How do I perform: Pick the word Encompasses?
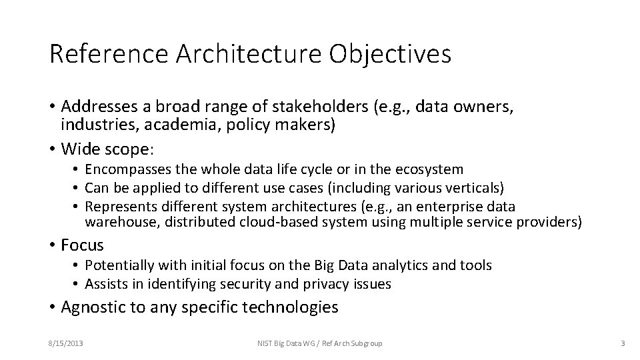point(126,170)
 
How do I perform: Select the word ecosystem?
point(430,170)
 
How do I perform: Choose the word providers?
point(549,221)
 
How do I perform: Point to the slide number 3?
point(622,343)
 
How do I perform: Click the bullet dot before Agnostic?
point(52,308)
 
